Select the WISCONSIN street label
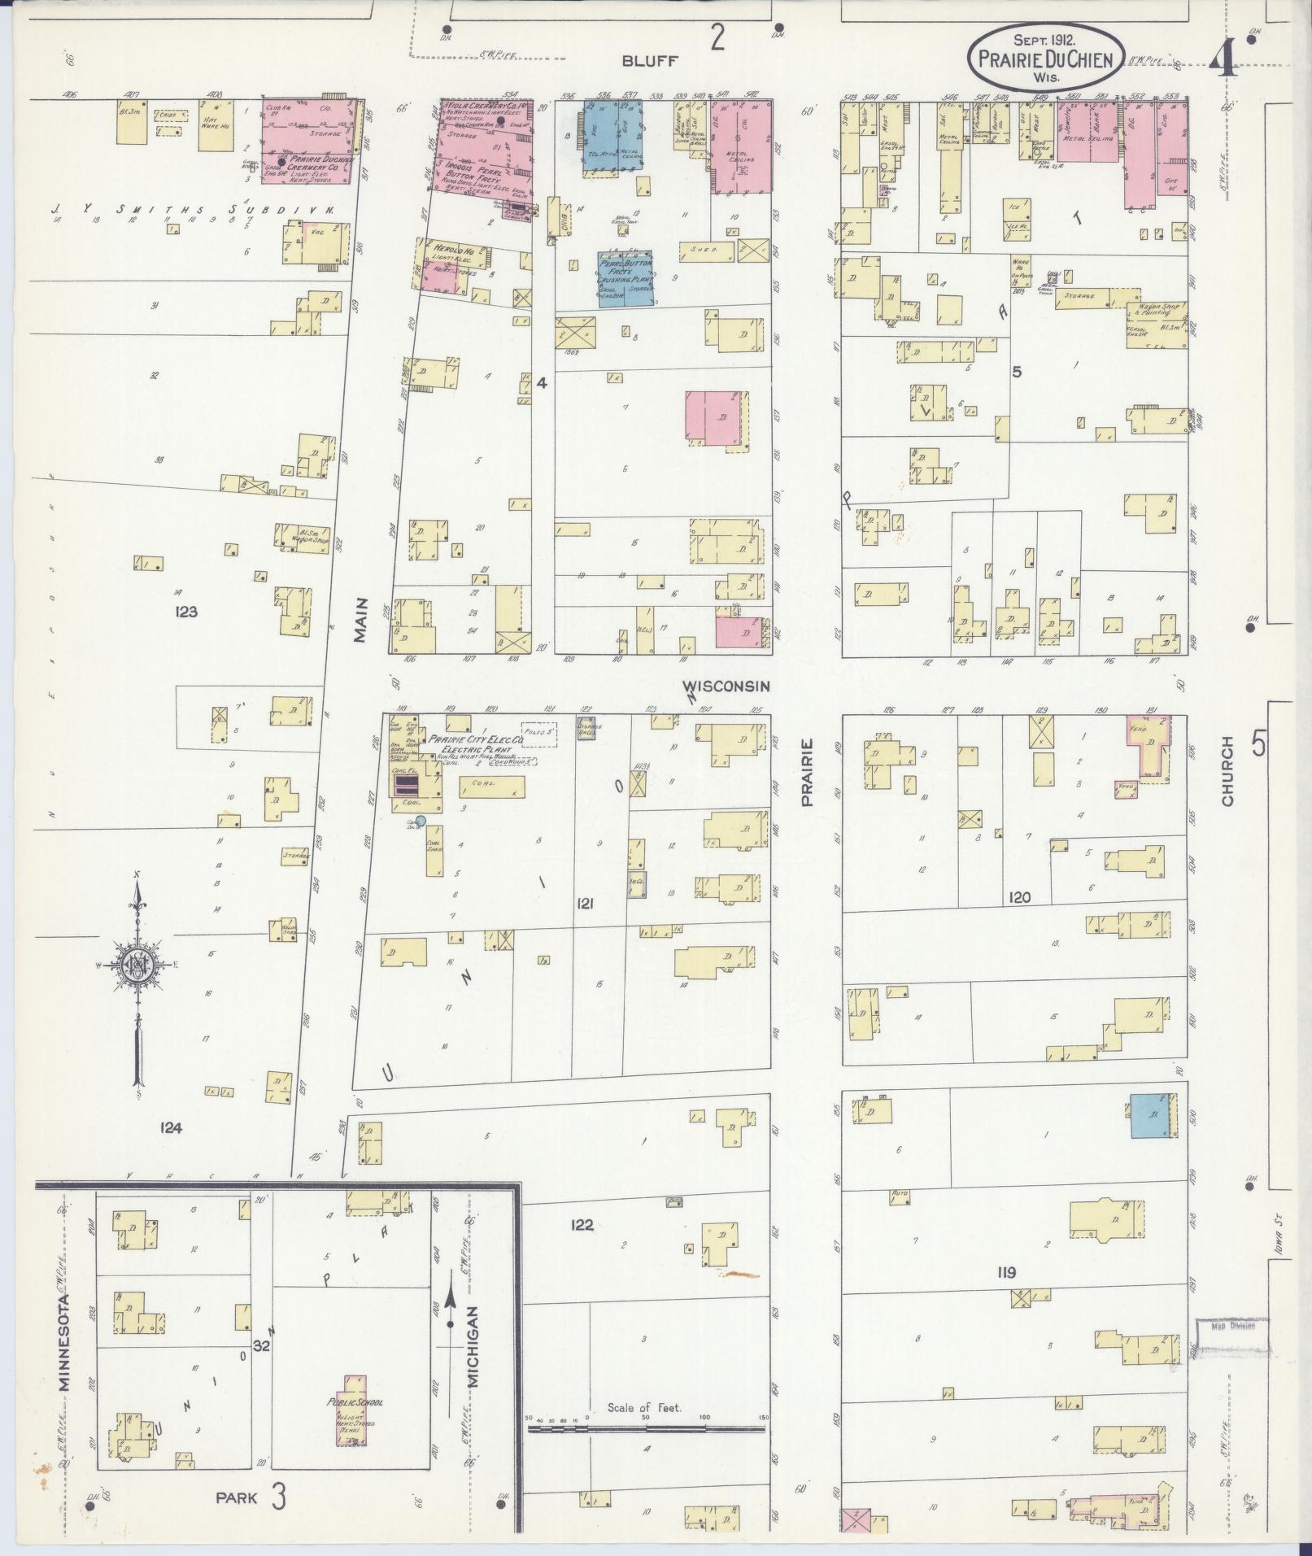pos(726,686)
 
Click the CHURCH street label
pos(1227,772)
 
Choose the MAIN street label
pos(361,621)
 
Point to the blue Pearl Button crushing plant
pos(627,277)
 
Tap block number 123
pos(186,612)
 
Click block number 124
pos(171,1127)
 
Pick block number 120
pos(1019,898)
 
